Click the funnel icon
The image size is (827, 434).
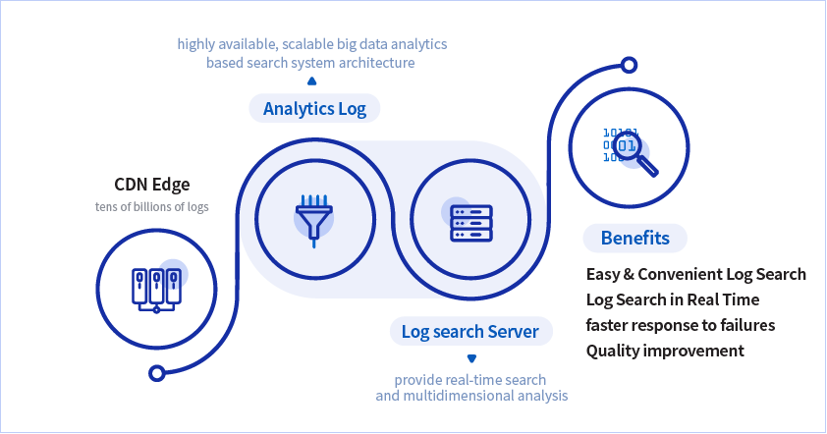pyautogui.click(x=314, y=220)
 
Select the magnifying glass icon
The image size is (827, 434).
pyautogui.click(x=631, y=151)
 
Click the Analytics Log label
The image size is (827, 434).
pyautogui.click(x=314, y=109)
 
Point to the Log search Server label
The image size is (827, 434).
pyautogui.click(x=470, y=332)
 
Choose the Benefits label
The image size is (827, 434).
pyautogui.click(x=635, y=239)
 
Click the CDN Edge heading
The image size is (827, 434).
pyautogui.click(x=152, y=185)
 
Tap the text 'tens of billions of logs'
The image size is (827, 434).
pyautogui.click(x=152, y=207)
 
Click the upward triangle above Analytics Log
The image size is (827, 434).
pyautogui.click(x=312, y=81)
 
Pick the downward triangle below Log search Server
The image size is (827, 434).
pyautogui.click(x=471, y=358)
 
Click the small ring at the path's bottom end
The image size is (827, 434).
pyautogui.click(x=156, y=373)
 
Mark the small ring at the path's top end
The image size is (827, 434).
pyautogui.click(x=629, y=66)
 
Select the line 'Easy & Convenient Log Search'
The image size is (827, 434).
pyautogui.click(x=695, y=274)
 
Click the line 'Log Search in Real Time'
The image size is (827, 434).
pyautogui.click(x=673, y=299)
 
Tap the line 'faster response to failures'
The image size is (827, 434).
pyautogui.click(x=681, y=325)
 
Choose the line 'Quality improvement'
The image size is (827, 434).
pyautogui.click(x=665, y=351)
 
